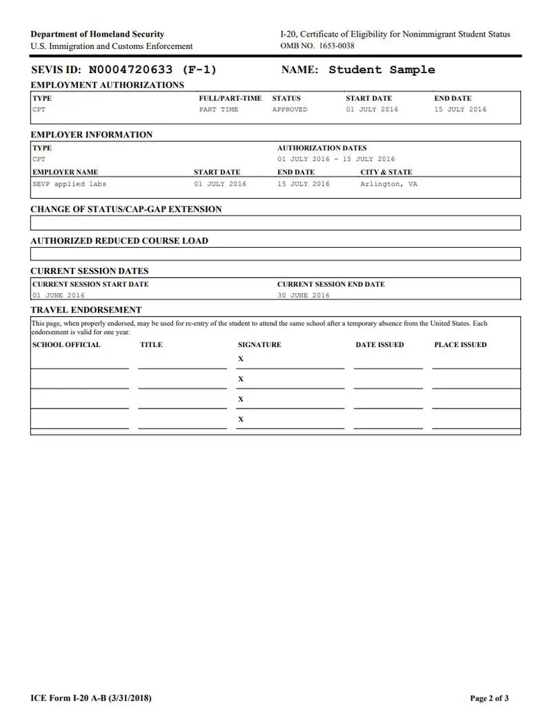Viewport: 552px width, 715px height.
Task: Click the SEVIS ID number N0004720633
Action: tap(131, 70)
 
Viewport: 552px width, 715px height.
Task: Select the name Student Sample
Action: tap(382, 70)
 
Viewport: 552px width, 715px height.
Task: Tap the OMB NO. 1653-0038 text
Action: tap(317, 46)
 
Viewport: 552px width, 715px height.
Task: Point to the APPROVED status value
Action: tap(290, 110)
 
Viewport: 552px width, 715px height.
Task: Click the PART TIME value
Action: tap(219, 110)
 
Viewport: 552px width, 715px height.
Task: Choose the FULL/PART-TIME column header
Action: tap(230, 99)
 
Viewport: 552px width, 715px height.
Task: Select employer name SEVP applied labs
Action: tap(70, 184)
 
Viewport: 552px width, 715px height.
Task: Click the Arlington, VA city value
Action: tap(388, 184)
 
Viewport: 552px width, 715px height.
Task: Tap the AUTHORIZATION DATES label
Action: tap(322, 148)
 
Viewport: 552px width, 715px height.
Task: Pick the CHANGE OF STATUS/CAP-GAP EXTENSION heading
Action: tap(126, 209)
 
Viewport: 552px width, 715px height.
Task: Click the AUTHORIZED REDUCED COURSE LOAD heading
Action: tap(119, 241)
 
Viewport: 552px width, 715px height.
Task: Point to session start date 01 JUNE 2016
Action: tap(59, 295)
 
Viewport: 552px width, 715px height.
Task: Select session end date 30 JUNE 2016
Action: tap(304, 295)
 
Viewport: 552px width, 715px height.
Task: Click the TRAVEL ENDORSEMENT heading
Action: tap(86, 310)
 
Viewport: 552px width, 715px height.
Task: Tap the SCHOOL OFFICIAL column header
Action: tap(66, 344)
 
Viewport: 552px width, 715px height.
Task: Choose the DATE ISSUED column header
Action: tap(379, 344)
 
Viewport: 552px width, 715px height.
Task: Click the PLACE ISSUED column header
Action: tap(460, 344)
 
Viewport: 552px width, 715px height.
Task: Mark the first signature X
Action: tap(241, 359)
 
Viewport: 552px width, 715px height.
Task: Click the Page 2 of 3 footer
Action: tap(489, 698)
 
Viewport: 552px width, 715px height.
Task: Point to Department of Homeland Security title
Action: tap(97, 35)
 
